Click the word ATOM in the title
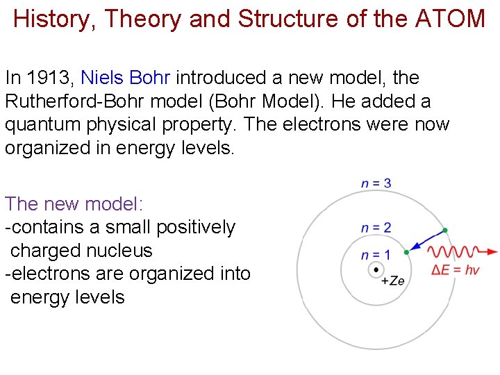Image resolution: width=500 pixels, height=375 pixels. coord(450,19)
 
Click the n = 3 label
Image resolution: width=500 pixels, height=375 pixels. coord(376,183)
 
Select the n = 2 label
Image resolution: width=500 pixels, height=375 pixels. coord(376,227)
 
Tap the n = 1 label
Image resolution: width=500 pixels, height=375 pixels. coord(376,255)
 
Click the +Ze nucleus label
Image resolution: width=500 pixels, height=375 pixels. coord(393,281)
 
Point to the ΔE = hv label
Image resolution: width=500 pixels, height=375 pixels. coord(456,269)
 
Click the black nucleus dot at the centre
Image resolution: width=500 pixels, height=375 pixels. coord(376,269)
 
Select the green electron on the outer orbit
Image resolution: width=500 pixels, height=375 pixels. coord(445,230)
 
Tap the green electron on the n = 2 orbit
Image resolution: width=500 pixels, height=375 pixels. coord(407,253)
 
